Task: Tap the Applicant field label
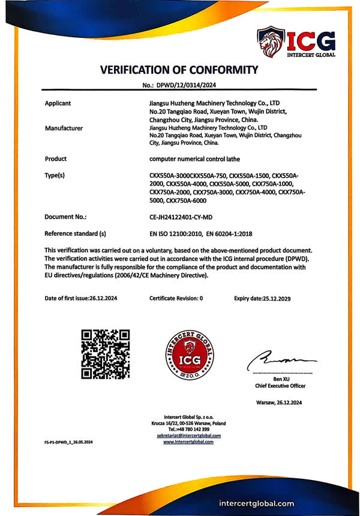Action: [58, 103]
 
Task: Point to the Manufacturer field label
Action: [64, 128]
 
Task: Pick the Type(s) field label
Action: [58, 175]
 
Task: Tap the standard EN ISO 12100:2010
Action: [176, 233]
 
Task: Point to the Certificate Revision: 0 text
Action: [176, 298]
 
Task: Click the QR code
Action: [106, 354]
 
